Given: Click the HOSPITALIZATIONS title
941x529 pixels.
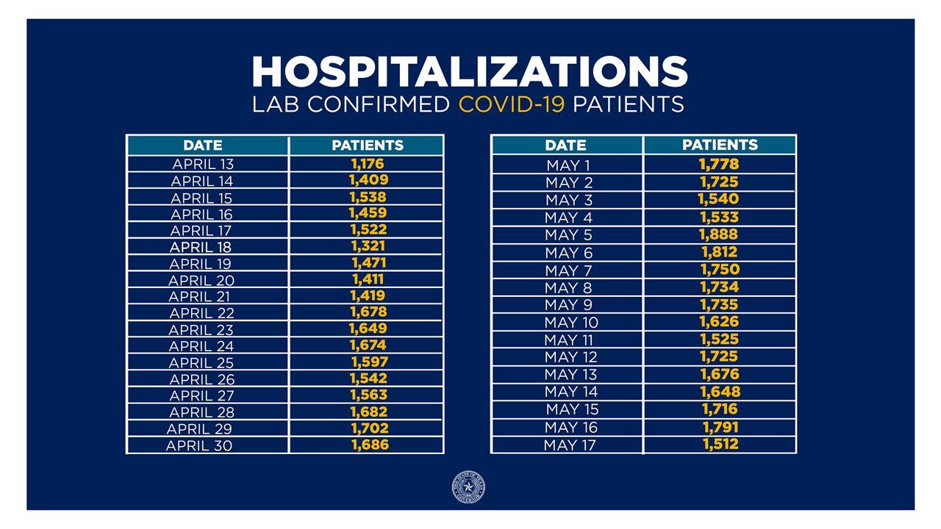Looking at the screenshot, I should [469, 71].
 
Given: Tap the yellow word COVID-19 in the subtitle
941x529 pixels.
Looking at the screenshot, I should [512, 104].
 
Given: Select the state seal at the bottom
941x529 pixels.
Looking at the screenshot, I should [468, 488].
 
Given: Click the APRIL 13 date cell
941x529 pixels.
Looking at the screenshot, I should [203, 164].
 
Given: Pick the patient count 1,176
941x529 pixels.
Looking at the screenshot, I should [368, 163].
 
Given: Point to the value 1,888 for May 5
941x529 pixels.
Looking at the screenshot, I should [719, 234].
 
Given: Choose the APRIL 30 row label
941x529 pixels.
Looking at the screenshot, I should [199, 445].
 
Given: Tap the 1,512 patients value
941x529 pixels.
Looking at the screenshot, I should [720, 443].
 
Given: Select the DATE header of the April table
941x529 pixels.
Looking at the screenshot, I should [203, 145].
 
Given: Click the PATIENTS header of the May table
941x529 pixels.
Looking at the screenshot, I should [720, 145].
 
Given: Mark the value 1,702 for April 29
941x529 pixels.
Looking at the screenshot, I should [369, 428].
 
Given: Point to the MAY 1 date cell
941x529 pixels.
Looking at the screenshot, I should [568, 165].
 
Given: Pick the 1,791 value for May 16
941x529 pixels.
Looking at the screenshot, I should [720, 426].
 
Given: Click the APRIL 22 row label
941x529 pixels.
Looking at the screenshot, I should [202, 314].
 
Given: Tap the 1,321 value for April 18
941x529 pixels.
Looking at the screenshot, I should [368, 246].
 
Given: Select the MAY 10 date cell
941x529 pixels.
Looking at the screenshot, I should [571, 323].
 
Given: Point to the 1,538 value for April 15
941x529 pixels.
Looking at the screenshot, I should [368, 197].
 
